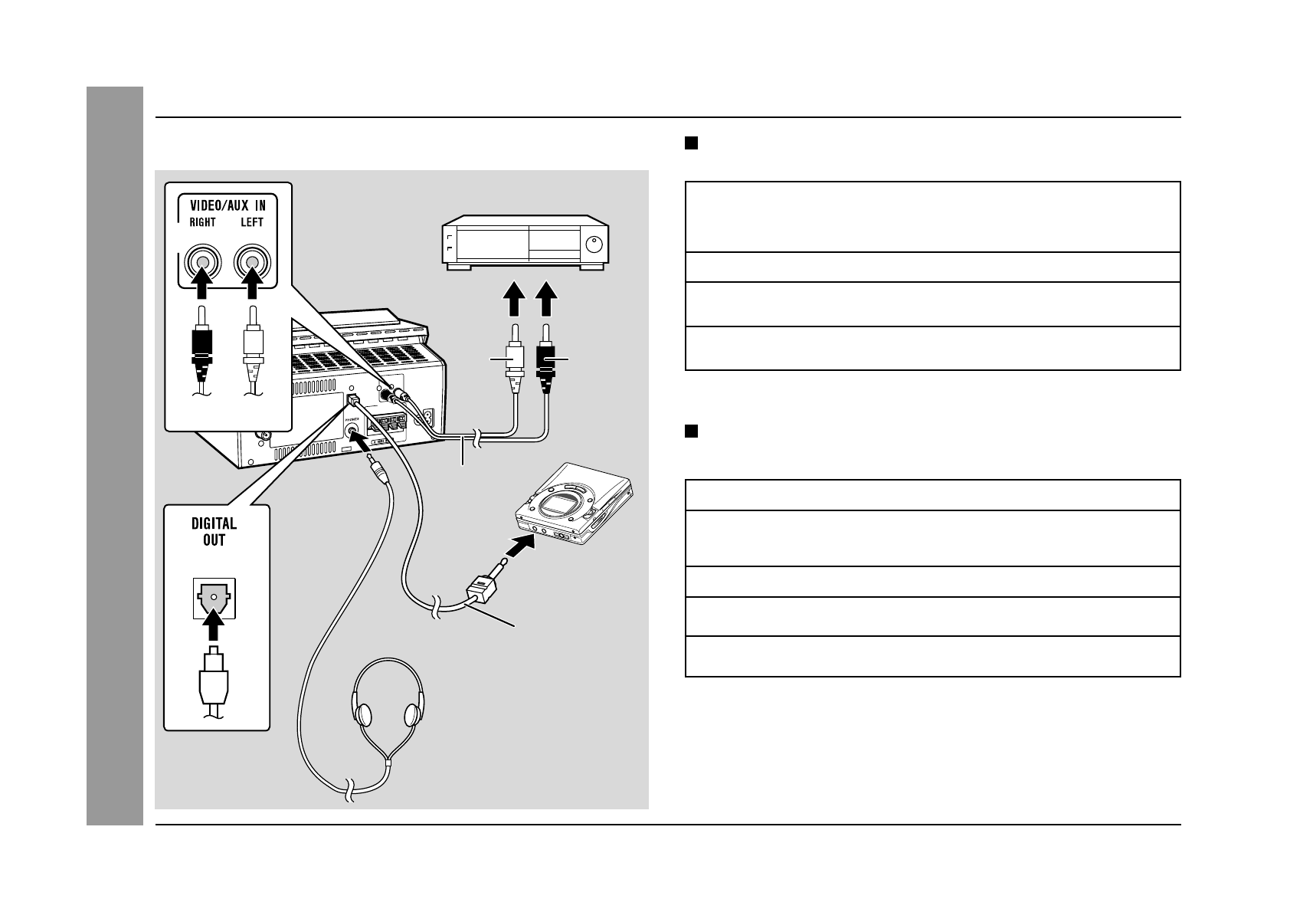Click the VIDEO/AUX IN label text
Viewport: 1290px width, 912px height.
pos(228,205)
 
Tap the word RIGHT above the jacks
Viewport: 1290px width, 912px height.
pos(201,223)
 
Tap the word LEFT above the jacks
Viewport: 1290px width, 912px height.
pos(251,223)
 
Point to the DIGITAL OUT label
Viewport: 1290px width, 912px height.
pos(214,532)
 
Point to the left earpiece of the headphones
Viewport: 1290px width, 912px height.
pos(364,714)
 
